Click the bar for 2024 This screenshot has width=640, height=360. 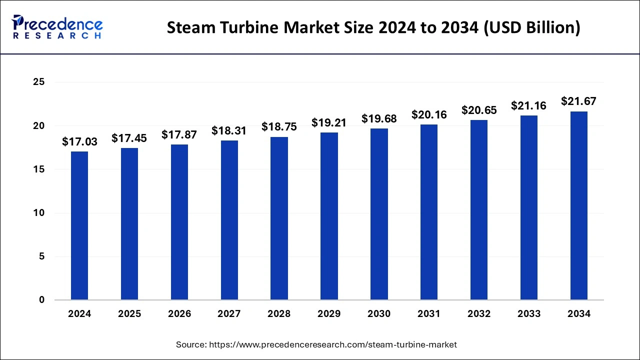pyautogui.click(x=79, y=225)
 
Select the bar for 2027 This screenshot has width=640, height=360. pyautogui.click(x=229, y=220)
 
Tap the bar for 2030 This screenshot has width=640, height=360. pyautogui.click(x=379, y=214)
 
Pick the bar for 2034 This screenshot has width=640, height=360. pyautogui.click(x=579, y=205)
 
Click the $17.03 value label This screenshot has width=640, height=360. pyautogui.click(x=79, y=142)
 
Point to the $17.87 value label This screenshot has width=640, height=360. pyautogui.click(x=179, y=134)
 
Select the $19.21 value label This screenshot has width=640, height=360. pyautogui.click(x=329, y=122)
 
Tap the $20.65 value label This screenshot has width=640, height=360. pyautogui.click(x=479, y=110)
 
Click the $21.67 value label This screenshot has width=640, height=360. pyautogui.click(x=579, y=101)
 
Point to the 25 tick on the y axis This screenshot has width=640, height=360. pyautogui.click(x=39, y=82)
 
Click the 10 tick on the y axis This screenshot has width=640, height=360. pyautogui.click(x=39, y=213)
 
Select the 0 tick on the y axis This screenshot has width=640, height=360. pyautogui.click(x=42, y=300)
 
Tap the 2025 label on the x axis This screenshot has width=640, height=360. pyautogui.click(x=129, y=314)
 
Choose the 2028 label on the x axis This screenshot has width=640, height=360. pyautogui.click(x=279, y=314)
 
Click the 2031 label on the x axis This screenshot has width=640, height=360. pyautogui.click(x=429, y=314)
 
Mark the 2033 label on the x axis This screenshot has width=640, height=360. pyautogui.click(x=529, y=314)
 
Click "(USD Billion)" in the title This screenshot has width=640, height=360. pyautogui.click(x=533, y=28)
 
